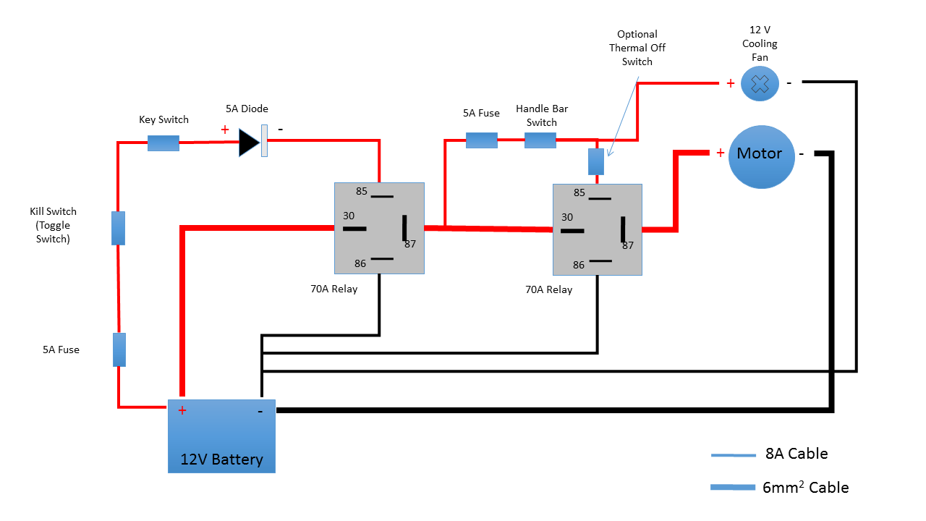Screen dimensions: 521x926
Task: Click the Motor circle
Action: pyautogui.click(x=761, y=157)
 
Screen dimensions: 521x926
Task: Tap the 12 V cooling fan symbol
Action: pyautogui.click(x=760, y=84)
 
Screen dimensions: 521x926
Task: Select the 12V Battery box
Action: pyautogui.click(x=221, y=436)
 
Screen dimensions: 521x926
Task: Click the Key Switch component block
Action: pyautogui.click(x=163, y=143)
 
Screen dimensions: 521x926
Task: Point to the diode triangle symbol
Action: pyautogui.click(x=250, y=143)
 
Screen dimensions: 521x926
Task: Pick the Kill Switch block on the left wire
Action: pyautogui.click(x=119, y=228)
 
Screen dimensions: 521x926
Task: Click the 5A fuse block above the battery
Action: pyautogui.click(x=119, y=350)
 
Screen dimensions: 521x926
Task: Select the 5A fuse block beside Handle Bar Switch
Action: pyautogui.click(x=481, y=140)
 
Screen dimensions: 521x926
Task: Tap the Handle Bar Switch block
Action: pyautogui.click(x=540, y=140)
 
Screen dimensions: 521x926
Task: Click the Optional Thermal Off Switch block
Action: pyautogui.click(x=596, y=162)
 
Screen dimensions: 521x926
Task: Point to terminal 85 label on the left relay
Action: pyautogui.click(x=362, y=191)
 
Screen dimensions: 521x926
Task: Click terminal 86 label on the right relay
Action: pyautogui.click(x=579, y=265)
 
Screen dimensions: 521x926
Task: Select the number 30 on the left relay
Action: pyautogui.click(x=349, y=216)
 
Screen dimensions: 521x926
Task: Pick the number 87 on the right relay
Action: pyautogui.click(x=628, y=245)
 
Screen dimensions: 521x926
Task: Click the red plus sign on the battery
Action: pyautogui.click(x=182, y=411)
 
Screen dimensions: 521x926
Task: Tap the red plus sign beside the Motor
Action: pyautogui.click(x=721, y=153)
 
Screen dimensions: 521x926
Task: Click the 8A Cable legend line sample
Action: pyautogui.click(x=733, y=455)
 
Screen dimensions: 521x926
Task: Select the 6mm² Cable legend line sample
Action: pyautogui.click(x=733, y=487)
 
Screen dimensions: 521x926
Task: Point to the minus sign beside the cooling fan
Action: pyautogui.click(x=789, y=83)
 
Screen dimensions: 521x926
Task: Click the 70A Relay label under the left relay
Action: pyautogui.click(x=334, y=289)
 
